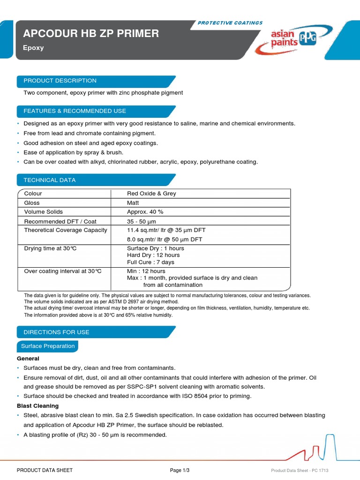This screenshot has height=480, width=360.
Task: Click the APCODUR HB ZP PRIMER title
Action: pyautogui.click(x=91, y=34)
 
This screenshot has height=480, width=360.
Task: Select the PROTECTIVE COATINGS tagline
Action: pyautogui.click(x=230, y=23)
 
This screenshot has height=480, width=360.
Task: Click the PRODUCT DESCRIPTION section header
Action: pyautogui.click(x=60, y=81)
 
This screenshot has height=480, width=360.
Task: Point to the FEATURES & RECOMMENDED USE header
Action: pyautogui.click(x=75, y=111)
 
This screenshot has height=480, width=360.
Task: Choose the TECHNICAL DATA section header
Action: pyautogui.click(x=50, y=180)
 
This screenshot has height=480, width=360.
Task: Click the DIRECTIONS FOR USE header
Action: pyautogui.click(x=56, y=332)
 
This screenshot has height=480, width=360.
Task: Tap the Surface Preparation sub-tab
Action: pyautogui.click(x=48, y=346)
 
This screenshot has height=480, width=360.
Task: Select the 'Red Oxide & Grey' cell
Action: pyautogui.click(x=151, y=194)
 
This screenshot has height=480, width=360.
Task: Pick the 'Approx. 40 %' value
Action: pyautogui.click(x=145, y=212)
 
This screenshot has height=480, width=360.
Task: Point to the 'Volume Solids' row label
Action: pyautogui.click(x=43, y=212)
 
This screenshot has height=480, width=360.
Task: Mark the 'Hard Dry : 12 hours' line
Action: pyautogui.click(x=153, y=255)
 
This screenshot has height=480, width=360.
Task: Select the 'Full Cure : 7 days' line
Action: pyautogui.click(x=150, y=262)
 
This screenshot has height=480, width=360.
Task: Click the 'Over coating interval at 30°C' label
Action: pyautogui.click(x=63, y=271)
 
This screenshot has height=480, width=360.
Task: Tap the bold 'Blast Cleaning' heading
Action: pyautogui.click(x=37, y=405)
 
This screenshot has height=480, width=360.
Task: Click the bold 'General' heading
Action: pyautogui.click(x=28, y=358)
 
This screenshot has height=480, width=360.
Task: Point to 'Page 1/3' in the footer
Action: pyautogui.click(x=180, y=470)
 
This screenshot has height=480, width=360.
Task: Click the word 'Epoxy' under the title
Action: pyautogui.click(x=33, y=48)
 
